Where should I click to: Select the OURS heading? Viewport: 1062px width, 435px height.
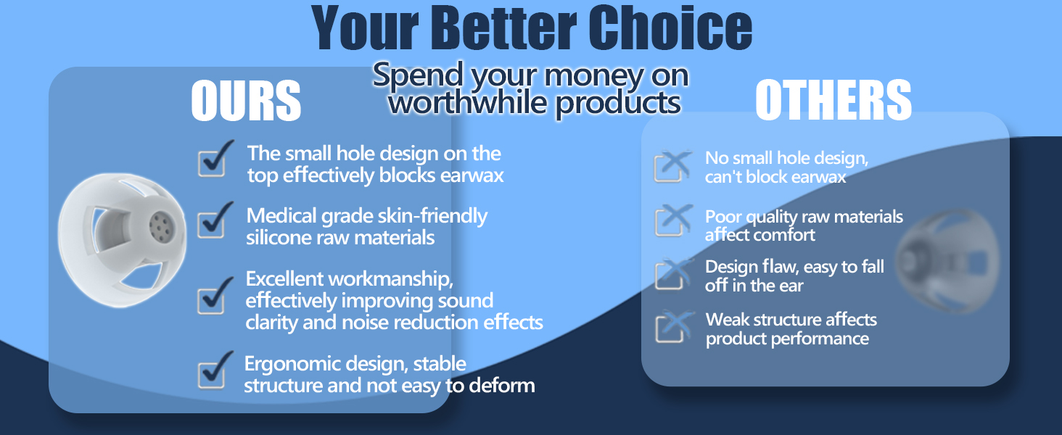(246, 101)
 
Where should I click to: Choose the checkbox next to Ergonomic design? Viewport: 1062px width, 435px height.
(213, 373)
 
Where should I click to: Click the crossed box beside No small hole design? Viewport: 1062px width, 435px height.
(670, 167)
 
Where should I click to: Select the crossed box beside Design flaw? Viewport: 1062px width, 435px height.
(670, 274)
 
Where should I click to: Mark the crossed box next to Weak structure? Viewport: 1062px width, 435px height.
(670, 327)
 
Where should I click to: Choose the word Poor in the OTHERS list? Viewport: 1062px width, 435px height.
(723, 217)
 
